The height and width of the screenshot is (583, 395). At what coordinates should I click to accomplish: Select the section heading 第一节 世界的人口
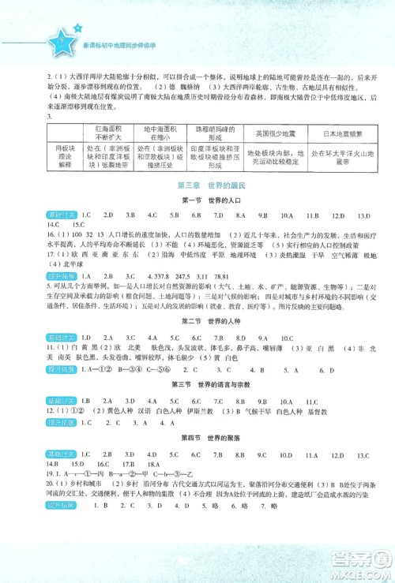point(197,200)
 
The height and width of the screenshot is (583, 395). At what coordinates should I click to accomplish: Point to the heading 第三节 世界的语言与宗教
point(197,383)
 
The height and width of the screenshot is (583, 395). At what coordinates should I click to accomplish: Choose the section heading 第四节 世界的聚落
point(197,436)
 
